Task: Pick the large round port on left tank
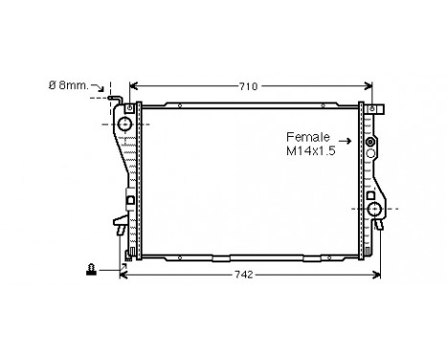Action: (x=123, y=126)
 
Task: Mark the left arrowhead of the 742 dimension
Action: (x=123, y=276)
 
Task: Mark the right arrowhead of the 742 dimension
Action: (x=380, y=276)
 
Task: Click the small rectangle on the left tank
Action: (x=129, y=201)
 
